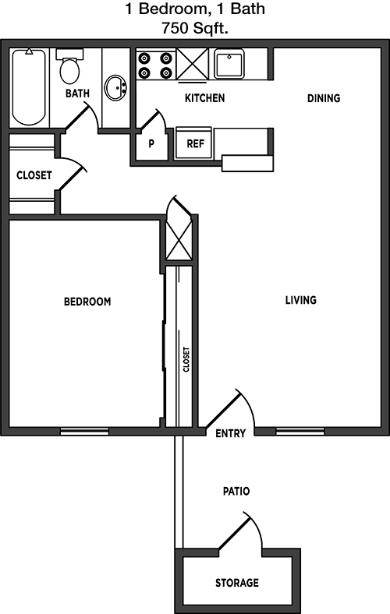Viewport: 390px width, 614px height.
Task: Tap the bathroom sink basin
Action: pos(115,88)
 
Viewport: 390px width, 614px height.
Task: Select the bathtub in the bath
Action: pos(29,87)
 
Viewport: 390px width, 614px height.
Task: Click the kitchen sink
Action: pos(229,64)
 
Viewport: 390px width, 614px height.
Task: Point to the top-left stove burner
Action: pos(144,58)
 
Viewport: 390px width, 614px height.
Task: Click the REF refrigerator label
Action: pos(195,143)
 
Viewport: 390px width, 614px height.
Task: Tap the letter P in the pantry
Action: pos(151,144)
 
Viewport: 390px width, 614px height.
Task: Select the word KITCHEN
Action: pos(204,98)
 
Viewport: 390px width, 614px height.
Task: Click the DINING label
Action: pos(324,98)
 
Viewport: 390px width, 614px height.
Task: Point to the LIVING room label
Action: pos(300,300)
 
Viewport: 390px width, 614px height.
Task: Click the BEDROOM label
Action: pos(87,302)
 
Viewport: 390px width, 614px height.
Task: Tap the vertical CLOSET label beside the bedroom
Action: pos(186,359)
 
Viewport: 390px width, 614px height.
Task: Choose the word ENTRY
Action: pos(230,433)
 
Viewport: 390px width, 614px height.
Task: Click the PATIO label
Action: pos(236,491)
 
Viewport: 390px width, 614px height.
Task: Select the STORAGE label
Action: pos(237,583)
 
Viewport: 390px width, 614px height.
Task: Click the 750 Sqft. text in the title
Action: pos(195,28)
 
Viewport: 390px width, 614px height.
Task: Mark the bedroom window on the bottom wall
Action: pos(84,432)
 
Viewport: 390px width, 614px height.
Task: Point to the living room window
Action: pos(300,432)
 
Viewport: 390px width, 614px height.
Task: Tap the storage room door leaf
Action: pos(233,531)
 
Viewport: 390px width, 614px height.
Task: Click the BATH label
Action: pos(77,94)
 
